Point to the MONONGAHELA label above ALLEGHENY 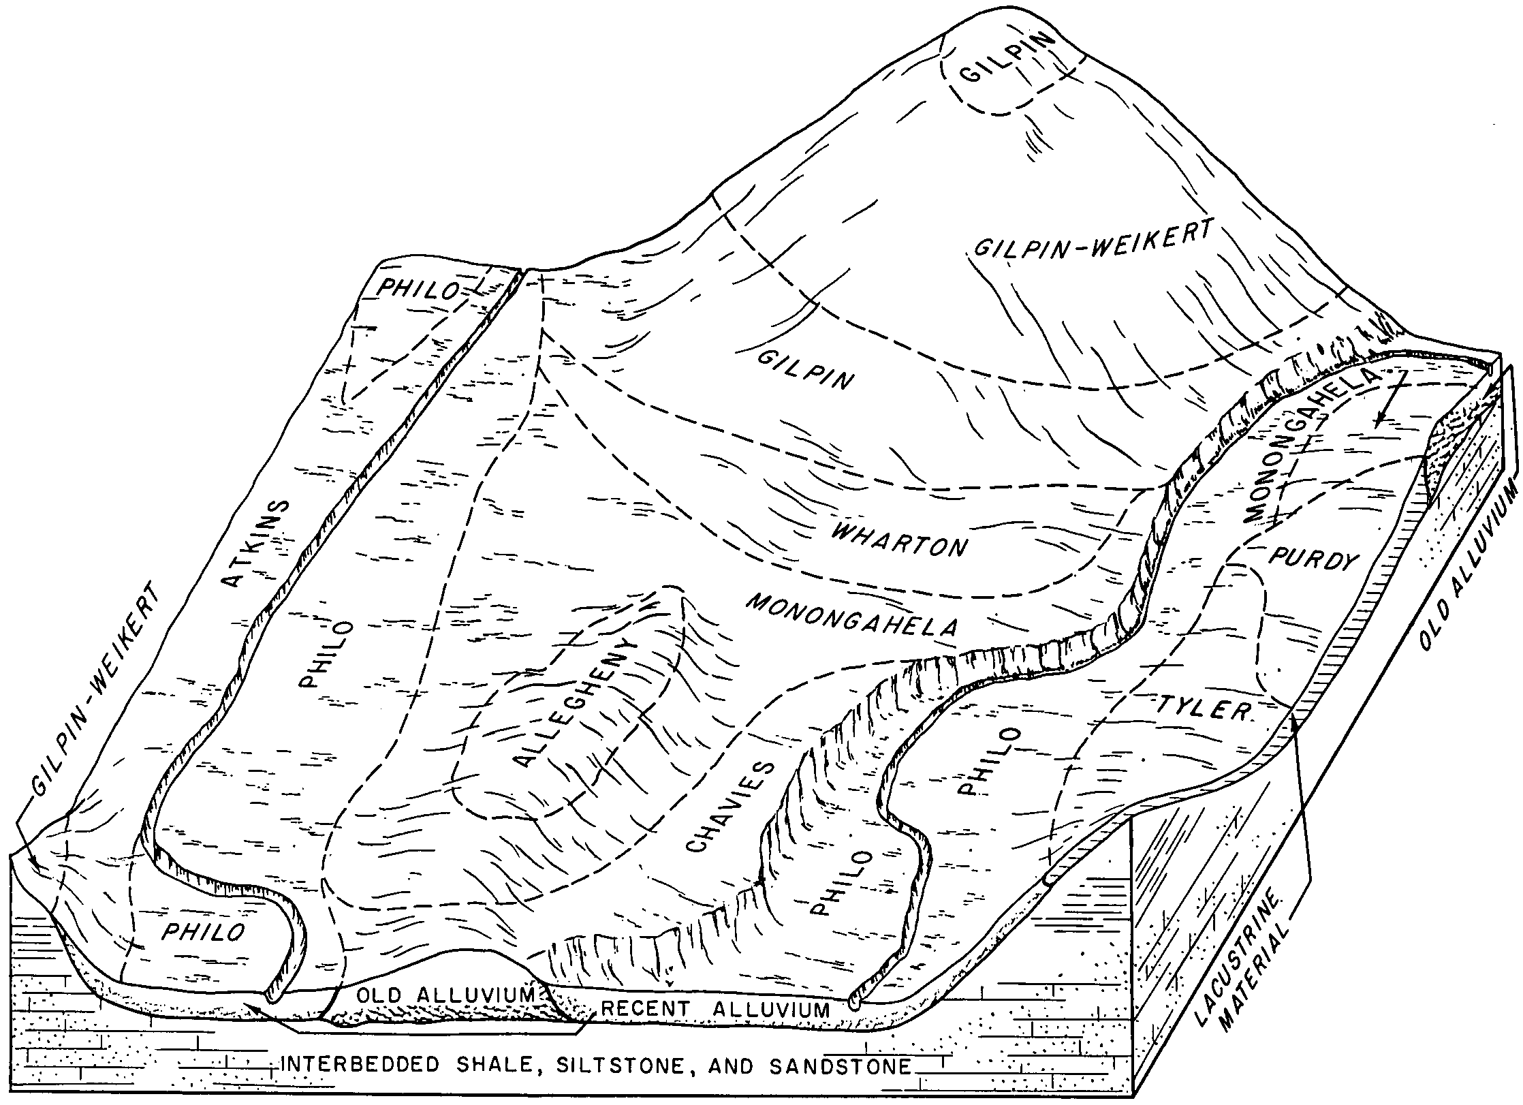[x=851, y=614]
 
